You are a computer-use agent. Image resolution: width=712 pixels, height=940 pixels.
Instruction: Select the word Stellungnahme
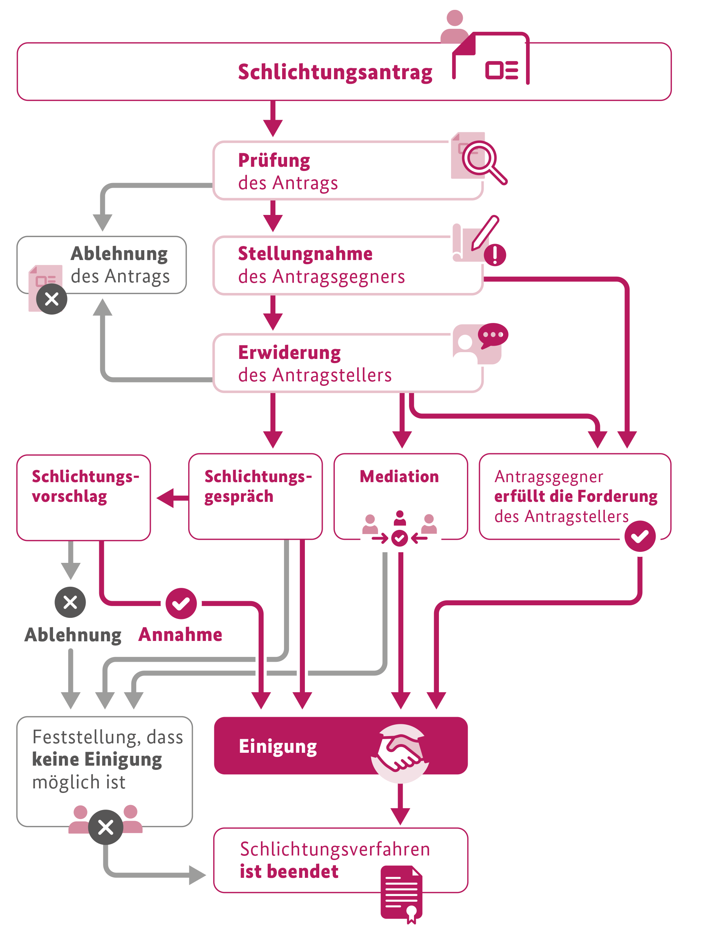click(x=305, y=254)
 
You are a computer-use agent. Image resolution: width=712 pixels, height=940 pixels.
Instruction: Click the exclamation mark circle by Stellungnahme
click(x=495, y=255)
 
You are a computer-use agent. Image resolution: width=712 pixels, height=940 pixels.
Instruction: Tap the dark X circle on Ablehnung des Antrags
click(x=52, y=299)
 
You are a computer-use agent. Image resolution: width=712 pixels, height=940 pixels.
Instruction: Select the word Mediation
click(x=399, y=476)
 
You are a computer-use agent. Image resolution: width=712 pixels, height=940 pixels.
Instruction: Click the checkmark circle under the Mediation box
click(x=400, y=539)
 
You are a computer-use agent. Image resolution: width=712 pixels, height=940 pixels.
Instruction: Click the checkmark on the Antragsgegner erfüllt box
click(x=639, y=536)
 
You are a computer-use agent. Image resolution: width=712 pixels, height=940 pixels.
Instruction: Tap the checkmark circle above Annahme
click(x=181, y=603)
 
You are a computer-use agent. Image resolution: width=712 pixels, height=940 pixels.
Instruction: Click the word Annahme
click(x=180, y=635)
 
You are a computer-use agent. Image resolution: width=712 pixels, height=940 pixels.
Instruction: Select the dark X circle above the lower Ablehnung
click(x=70, y=602)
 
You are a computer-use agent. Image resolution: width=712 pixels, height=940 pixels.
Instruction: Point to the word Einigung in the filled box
click(x=278, y=747)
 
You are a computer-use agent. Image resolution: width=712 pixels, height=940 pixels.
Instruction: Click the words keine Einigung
click(x=97, y=760)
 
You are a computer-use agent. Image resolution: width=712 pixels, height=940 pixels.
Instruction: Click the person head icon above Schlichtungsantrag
click(x=454, y=19)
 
